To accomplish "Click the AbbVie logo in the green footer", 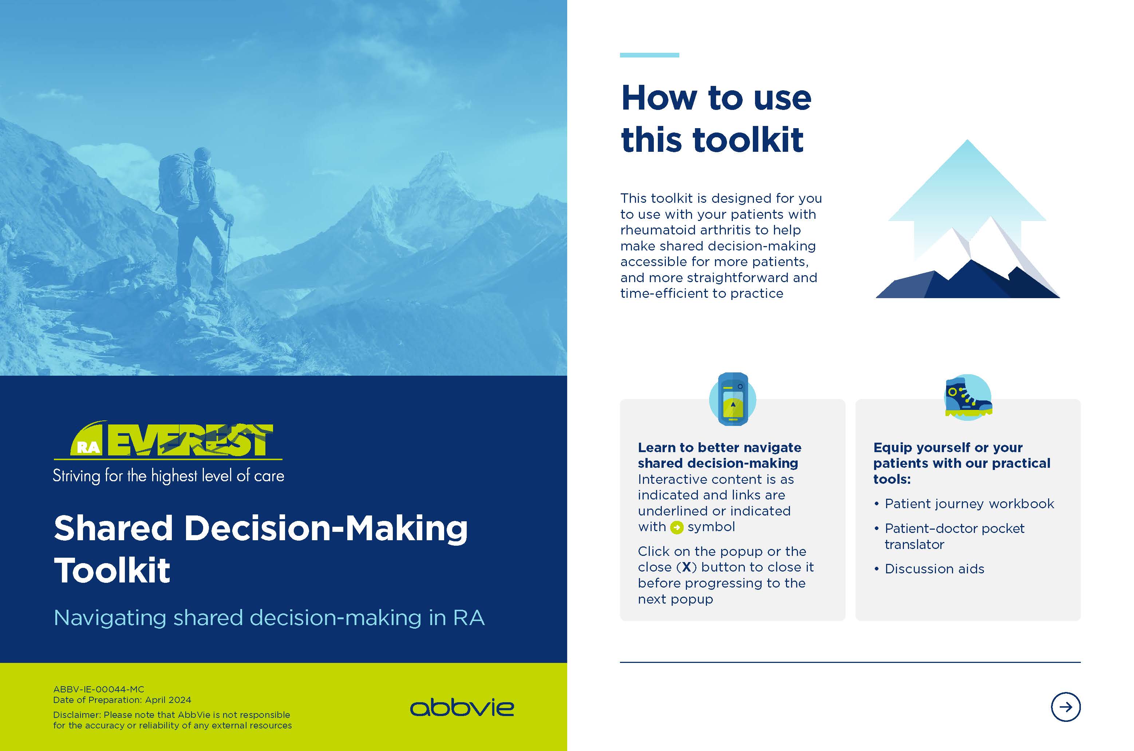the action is point(462,708).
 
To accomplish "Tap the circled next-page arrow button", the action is point(1066,707).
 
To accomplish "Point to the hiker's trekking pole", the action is point(228,254).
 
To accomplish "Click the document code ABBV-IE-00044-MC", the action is point(99,689).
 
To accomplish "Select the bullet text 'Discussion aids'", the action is point(934,569).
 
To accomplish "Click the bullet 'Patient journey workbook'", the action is point(969,504).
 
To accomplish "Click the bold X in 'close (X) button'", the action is point(686,567).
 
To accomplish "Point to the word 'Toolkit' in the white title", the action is point(112,570).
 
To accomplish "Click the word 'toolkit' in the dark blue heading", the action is point(748,139).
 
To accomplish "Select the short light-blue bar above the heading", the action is point(649,55).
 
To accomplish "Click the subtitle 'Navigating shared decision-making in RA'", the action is point(269,618).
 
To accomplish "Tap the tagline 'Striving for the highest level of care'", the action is point(169,475).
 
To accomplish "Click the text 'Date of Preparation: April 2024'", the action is point(122,700).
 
